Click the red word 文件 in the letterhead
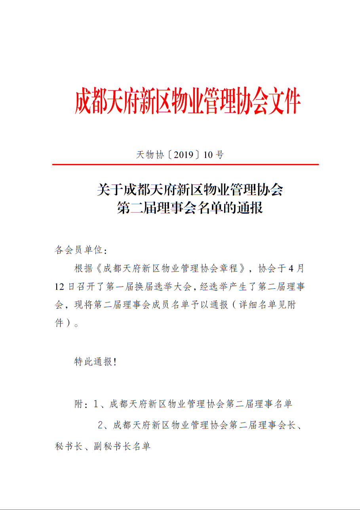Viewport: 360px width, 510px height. click(x=284, y=102)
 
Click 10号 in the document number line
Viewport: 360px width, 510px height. click(x=213, y=155)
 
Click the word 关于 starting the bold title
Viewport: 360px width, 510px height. click(x=110, y=190)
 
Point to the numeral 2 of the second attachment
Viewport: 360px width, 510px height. click(x=101, y=426)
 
